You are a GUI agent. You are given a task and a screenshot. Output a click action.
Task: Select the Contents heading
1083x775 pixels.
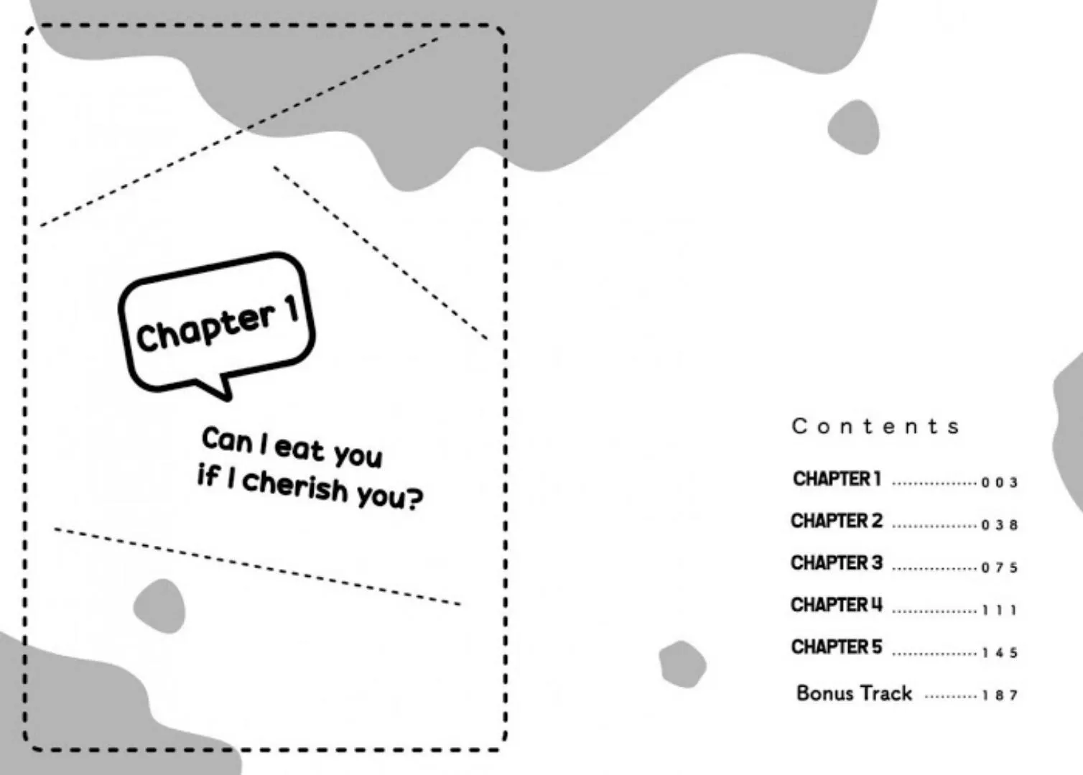click(x=875, y=426)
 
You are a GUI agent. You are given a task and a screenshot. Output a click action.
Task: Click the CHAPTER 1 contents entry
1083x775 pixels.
click(x=837, y=478)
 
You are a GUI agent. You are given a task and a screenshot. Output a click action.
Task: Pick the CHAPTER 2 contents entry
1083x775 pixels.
click(x=837, y=521)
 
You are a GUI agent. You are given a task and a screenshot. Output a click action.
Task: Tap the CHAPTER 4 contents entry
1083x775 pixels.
click(x=837, y=605)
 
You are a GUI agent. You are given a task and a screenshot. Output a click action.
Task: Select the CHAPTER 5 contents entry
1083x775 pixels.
click(x=837, y=647)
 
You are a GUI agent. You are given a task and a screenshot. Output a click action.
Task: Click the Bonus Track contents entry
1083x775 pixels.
click(x=854, y=693)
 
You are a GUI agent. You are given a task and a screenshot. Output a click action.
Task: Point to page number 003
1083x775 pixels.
click(x=1000, y=483)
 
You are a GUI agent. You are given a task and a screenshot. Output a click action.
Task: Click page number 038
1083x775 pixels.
click(x=1000, y=525)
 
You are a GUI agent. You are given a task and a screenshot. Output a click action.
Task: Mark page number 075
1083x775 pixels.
click(x=1000, y=567)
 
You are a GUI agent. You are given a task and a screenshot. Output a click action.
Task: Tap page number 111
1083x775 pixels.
click(x=1000, y=611)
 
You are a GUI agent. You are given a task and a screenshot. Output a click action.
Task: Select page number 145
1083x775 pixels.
click(x=1000, y=653)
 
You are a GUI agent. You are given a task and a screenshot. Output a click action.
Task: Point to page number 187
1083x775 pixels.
click(x=1000, y=695)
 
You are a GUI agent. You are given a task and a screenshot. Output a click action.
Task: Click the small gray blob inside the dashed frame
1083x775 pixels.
click(x=159, y=605)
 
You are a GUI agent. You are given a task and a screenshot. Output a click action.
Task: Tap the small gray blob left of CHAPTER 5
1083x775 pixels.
click(x=682, y=663)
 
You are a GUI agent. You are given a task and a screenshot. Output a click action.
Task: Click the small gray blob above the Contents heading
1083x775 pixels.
click(x=853, y=127)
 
